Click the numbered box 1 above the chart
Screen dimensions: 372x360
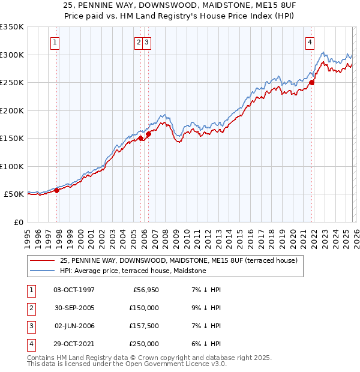55,42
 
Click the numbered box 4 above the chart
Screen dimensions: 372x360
310,42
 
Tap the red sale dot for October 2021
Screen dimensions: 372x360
312,83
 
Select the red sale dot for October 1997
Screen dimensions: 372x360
57,190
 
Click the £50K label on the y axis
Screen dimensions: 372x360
13,194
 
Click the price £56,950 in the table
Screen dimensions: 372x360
145,290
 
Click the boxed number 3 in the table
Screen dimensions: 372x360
29,326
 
